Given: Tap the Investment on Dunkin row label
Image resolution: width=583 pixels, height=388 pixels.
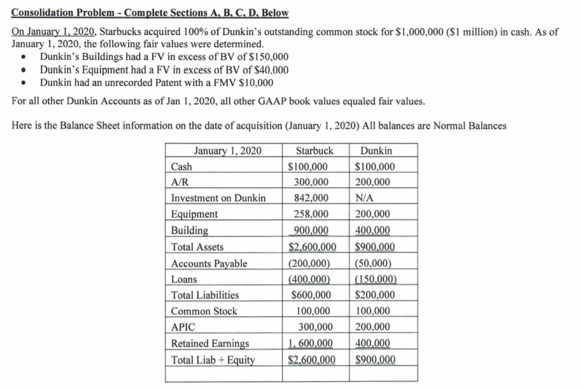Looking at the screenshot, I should click(x=219, y=198).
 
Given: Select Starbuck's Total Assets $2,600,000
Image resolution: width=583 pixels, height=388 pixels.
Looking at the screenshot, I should click(x=312, y=246).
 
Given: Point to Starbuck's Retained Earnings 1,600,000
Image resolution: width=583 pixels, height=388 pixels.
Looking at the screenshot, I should click(x=312, y=343).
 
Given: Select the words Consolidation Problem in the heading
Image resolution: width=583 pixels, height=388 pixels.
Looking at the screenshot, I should click(x=62, y=13).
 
